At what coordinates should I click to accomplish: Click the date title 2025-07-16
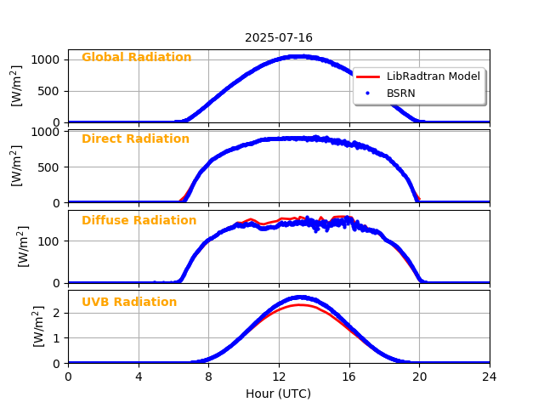[279, 38]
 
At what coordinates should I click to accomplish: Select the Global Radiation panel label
[136, 58]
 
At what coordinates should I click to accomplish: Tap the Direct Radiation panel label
[135, 139]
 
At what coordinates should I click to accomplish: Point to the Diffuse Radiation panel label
[139, 221]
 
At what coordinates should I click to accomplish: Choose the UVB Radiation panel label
[129, 303]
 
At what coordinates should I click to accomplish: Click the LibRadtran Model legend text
[433, 76]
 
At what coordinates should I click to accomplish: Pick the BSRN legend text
[401, 93]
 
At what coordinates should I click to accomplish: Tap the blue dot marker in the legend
[368, 93]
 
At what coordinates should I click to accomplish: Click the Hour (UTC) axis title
[279, 394]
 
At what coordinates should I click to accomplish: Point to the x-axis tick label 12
[279, 377]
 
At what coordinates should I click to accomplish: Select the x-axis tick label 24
[490, 377]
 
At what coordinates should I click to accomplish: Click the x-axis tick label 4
[139, 377]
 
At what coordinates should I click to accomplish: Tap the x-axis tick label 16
[349, 377]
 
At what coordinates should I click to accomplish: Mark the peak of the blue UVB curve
[298, 297]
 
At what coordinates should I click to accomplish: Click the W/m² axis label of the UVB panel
[39, 326]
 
